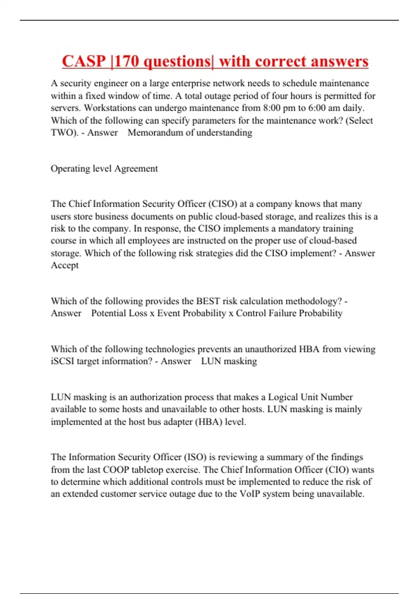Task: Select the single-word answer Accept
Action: (65, 265)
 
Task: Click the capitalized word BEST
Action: (208, 301)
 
